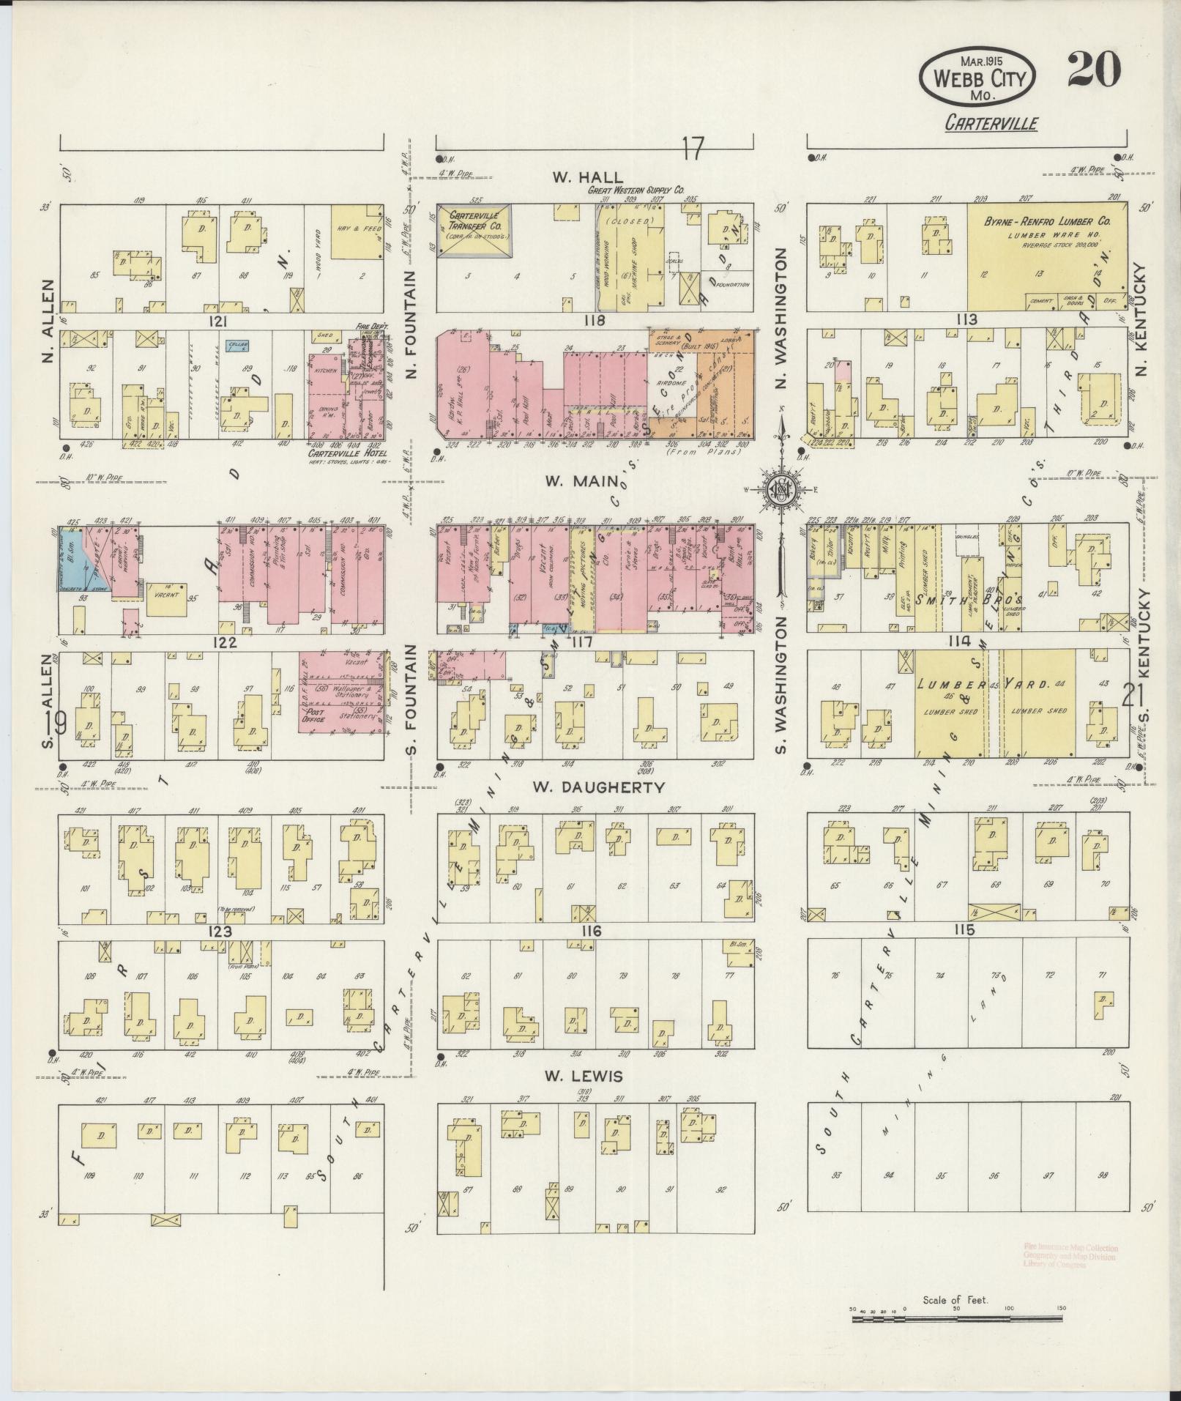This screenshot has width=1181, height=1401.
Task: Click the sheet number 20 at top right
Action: click(1094, 70)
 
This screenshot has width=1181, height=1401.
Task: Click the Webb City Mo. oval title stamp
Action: click(977, 77)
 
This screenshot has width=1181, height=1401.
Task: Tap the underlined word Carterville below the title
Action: click(991, 123)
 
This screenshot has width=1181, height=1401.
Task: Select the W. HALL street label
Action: click(588, 177)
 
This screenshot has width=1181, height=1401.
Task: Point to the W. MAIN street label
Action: click(581, 481)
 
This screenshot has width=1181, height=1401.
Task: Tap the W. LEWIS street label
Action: click(583, 1076)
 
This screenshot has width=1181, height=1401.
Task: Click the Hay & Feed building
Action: click(356, 232)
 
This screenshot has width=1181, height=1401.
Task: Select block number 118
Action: click(593, 320)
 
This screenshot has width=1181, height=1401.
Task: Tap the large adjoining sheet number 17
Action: click(692, 150)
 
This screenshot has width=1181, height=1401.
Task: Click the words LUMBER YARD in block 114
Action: click(994, 684)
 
